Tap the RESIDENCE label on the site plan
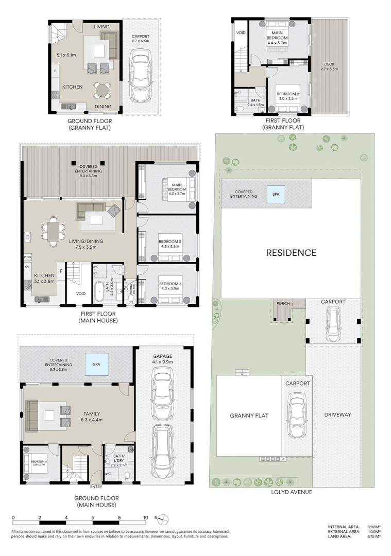291,253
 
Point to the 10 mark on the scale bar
145,517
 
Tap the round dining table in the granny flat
102,91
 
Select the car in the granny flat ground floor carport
140,75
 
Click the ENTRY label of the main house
96,486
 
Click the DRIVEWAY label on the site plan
338,414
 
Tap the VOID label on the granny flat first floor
241,33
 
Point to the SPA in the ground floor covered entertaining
97,363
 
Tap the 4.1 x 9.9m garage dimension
161,362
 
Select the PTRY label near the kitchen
27,256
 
